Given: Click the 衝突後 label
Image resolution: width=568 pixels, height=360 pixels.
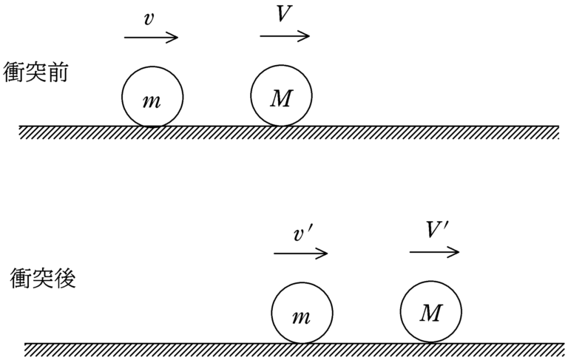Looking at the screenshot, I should (x=42, y=279).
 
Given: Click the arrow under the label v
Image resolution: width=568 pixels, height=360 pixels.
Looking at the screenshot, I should (x=151, y=37).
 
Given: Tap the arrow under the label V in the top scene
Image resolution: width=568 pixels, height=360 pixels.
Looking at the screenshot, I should (x=285, y=35).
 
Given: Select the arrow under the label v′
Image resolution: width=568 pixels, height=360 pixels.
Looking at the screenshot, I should (x=300, y=254).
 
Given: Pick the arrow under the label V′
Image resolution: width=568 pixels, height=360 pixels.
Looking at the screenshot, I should (x=435, y=251).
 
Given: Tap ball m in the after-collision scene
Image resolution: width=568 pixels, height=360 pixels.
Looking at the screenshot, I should (x=301, y=313).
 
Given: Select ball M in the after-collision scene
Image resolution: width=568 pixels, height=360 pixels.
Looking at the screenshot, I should (x=432, y=311).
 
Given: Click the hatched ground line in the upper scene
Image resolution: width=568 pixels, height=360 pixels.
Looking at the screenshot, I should (x=288, y=131).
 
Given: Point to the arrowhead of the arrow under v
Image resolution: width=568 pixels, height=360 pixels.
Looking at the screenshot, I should (x=174, y=37).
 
